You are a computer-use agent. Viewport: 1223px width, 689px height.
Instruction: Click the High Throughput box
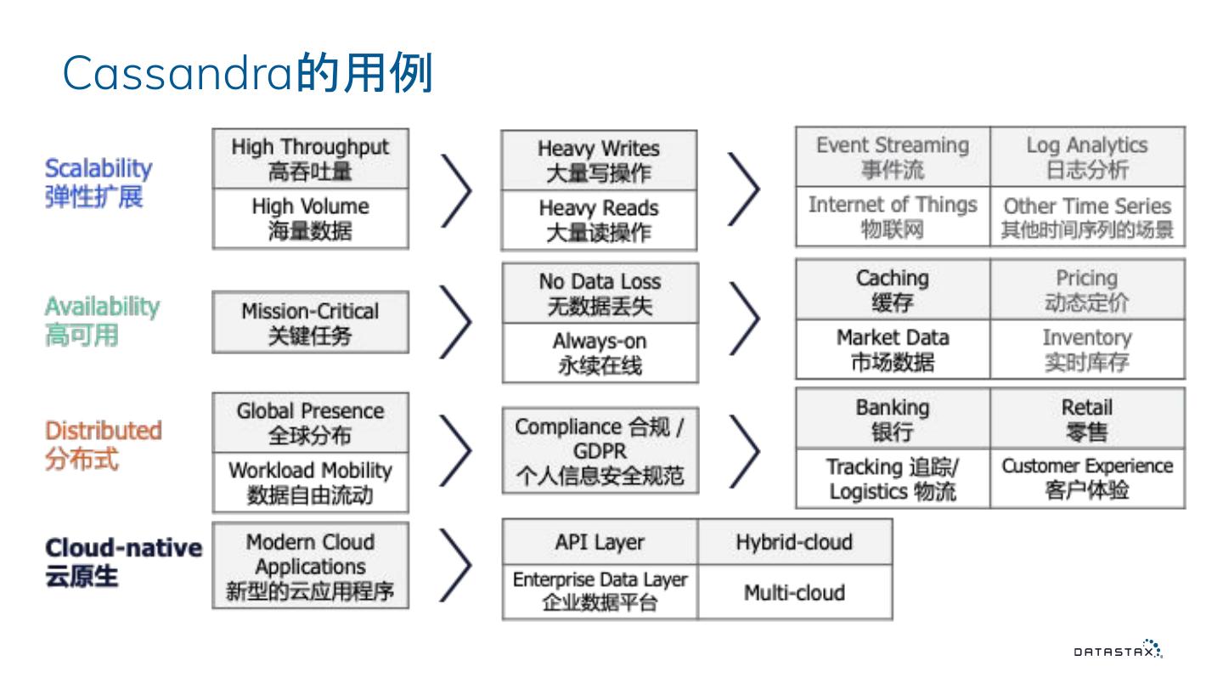[310, 159]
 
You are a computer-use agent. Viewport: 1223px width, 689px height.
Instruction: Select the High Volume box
[310, 218]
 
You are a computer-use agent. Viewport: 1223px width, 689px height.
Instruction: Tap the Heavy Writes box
[599, 161]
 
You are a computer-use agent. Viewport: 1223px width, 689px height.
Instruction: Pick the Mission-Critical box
[310, 323]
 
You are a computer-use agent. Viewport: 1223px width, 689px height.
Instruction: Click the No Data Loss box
[600, 293]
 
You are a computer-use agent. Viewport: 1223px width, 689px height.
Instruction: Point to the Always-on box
[600, 353]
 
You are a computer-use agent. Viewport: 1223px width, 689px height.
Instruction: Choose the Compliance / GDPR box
[600, 450]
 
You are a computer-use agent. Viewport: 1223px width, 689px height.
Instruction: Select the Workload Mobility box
[310, 482]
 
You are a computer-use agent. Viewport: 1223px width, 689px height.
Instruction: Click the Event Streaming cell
[893, 157]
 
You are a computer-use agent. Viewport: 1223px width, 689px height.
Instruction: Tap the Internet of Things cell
[893, 217]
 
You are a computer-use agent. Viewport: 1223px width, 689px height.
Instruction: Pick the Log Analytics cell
[1087, 157]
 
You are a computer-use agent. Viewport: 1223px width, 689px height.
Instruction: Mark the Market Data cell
[893, 349]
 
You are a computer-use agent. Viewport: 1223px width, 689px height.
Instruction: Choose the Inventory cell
[1087, 349]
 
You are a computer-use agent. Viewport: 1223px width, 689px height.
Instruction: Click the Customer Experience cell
[1087, 477]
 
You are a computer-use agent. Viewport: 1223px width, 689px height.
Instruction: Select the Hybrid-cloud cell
[794, 542]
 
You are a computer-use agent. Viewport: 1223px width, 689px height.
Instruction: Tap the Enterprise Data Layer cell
[600, 591]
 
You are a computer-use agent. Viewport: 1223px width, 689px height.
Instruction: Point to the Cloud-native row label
[123, 561]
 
